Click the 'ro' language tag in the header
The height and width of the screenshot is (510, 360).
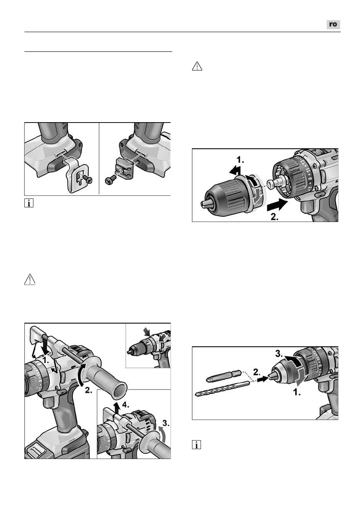[x=333, y=25]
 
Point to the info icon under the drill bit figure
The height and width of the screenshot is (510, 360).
[x=196, y=446]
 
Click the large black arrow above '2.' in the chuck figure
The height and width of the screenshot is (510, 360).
[x=276, y=204]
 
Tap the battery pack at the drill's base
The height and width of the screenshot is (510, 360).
[x=51, y=446]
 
